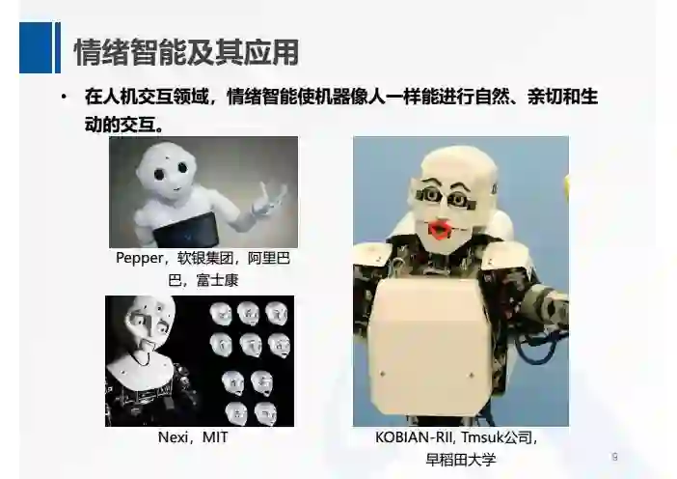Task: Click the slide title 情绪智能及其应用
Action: tap(186, 52)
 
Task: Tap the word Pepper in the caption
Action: tap(140, 258)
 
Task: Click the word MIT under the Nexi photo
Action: tap(215, 437)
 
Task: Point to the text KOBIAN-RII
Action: tap(414, 437)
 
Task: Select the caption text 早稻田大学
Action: tap(461, 459)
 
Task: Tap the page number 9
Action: tap(615, 457)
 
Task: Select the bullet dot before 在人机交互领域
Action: tap(64, 97)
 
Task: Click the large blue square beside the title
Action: tap(36, 47)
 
